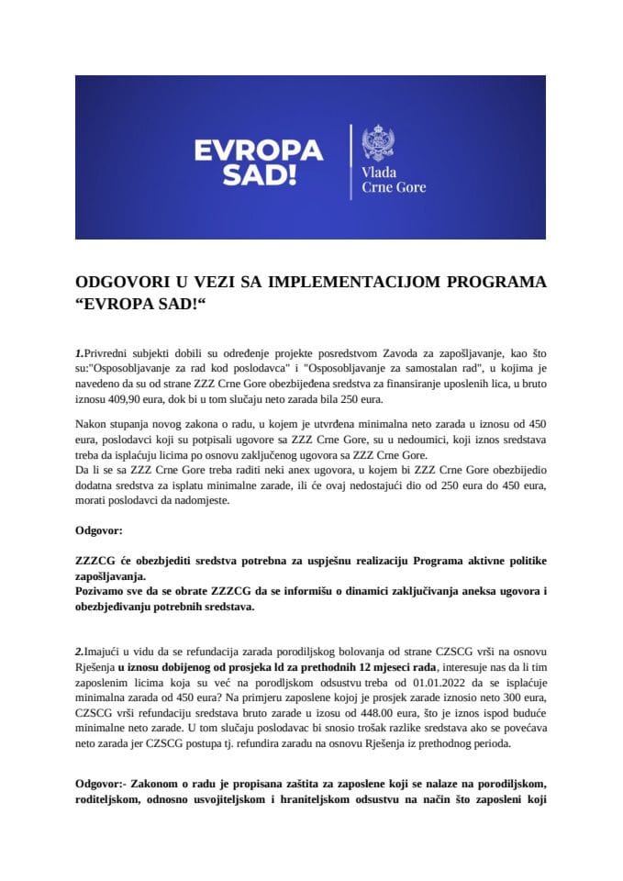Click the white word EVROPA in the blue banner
tap(256, 149)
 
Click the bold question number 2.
tap(78, 650)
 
